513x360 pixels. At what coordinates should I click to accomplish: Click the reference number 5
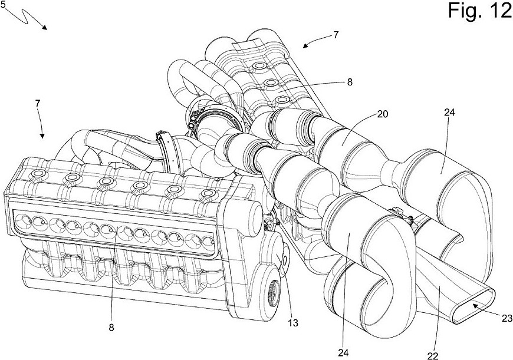pyautogui.click(x=4, y=5)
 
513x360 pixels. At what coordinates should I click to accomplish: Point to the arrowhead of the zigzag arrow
pyautogui.click(x=44, y=27)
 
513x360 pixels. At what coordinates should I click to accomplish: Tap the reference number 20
pyautogui.click(x=383, y=114)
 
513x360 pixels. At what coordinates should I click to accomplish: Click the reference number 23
pyautogui.click(x=507, y=318)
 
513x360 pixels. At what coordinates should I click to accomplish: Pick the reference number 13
pyautogui.click(x=293, y=323)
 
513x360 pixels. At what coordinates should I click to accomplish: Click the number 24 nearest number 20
pyautogui.click(x=449, y=113)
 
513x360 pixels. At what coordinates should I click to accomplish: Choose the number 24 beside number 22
pyautogui.click(x=344, y=353)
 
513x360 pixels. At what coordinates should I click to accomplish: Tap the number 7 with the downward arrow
pyautogui.click(x=38, y=104)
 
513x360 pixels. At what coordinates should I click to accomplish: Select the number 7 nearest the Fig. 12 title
pyautogui.click(x=336, y=35)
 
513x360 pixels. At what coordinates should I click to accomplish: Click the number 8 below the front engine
pyautogui.click(x=111, y=328)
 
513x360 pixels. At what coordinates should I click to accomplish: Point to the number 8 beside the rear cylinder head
pyautogui.click(x=350, y=82)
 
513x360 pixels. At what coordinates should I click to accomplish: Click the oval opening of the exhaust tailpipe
pyautogui.click(x=473, y=302)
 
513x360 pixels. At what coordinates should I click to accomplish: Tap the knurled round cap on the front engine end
pyautogui.click(x=272, y=289)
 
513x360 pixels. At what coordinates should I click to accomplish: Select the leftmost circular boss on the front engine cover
pyautogui.click(x=38, y=173)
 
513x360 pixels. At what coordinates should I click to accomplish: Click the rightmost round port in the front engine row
pyautogui.click(x=208, y=242)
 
